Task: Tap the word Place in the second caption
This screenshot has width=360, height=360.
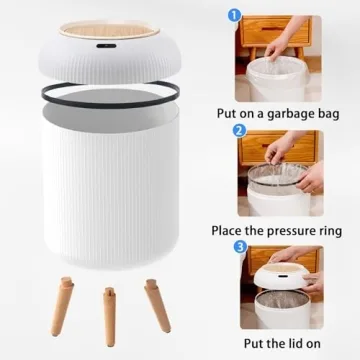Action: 230,230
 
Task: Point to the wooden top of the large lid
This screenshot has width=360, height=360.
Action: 104,20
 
